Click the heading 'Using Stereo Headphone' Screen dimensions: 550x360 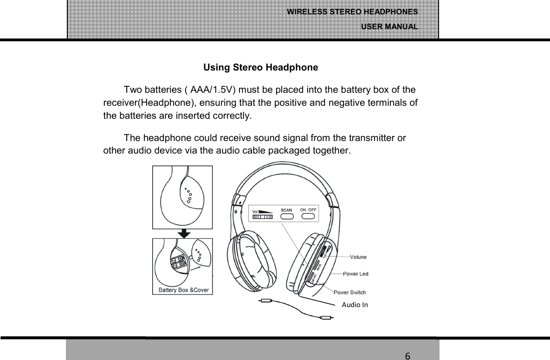click(260, 68)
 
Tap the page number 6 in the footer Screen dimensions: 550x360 click(407, 356)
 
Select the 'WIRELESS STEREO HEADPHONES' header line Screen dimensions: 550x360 click(352, 12)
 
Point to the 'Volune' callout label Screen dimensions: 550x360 click(358, 257)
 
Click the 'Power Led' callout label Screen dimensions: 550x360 click(356, 274)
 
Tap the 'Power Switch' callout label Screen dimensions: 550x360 click(349, 292)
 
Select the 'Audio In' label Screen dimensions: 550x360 click(355, 305)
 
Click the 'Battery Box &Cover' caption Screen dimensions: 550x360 click(184, 290)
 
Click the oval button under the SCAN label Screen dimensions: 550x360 click(287, 218)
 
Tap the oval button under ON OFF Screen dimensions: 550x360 click(308, 218)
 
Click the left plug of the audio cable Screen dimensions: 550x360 click(265, 301)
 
